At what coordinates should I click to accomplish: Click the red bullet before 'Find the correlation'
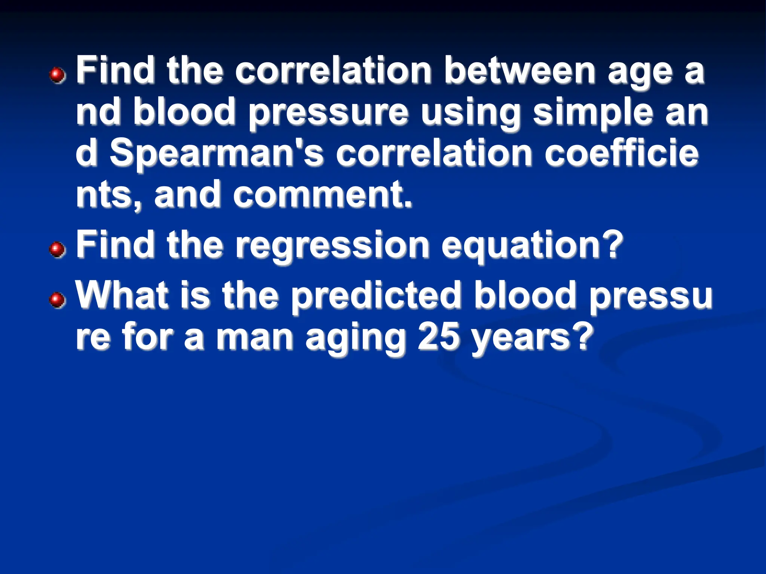click(57, 75)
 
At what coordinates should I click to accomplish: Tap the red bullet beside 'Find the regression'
click(57, 249)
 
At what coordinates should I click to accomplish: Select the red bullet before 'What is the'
click(57, 300)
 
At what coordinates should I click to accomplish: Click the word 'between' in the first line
click(520, 71)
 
